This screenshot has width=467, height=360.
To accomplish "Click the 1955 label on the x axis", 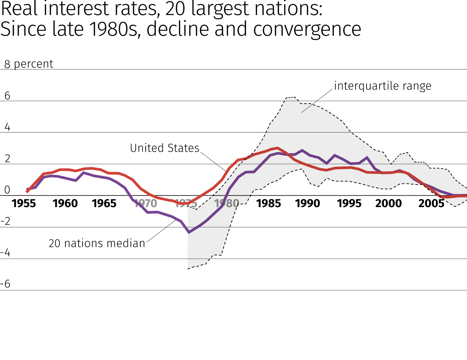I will pos(24,203).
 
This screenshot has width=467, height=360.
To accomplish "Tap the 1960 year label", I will pos(65,203).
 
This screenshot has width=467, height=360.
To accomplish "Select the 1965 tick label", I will pos(104,203).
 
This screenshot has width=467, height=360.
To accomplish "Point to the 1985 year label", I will pos(269,203).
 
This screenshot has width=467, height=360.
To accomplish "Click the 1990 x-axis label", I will pos(308,203).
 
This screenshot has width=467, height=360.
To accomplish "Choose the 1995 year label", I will pos(349,203).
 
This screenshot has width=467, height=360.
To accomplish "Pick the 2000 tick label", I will pos(389,203).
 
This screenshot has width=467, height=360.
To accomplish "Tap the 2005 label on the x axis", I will pos(431,203).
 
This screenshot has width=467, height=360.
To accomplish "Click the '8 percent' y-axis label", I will pos(28,64).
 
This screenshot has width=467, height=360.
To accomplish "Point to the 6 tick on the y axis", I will pos(7,96).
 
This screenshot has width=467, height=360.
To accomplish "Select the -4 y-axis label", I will pos(6,253).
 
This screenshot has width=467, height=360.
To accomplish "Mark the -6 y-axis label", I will pos(6,284).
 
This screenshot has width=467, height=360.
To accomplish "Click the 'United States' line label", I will pos(165,148).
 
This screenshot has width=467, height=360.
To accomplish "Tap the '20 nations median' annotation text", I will pos(97,243).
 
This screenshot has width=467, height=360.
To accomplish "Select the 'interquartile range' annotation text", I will pos(382,86).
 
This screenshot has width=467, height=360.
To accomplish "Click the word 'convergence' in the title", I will pos(307,29).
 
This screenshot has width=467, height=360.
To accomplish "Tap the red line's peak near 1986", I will pos(277,148).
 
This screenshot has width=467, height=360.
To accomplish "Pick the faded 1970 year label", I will pos(146,203).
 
